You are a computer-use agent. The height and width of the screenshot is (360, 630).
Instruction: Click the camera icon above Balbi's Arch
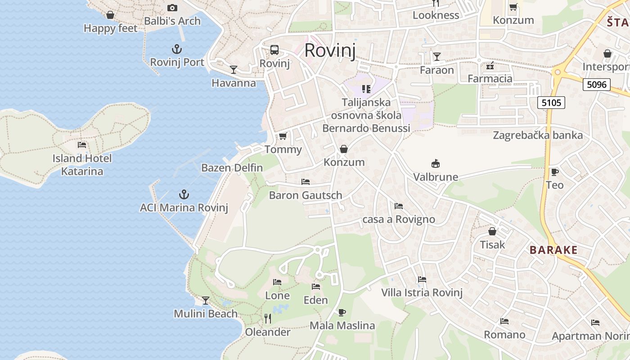click(x=172, y=8)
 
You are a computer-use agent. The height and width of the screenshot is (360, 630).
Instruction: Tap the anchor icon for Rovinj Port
click(x=177, y=49)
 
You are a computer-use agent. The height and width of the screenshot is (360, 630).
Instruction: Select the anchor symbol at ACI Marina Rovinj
click(x=184, y=194)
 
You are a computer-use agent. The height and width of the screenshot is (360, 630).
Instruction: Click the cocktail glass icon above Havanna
click(x=233, y=69)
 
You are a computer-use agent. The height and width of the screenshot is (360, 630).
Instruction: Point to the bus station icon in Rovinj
click(x=274, y=49)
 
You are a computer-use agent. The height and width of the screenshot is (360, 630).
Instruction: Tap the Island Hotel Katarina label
click(x=82, y=165)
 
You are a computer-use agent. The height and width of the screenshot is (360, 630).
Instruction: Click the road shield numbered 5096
click(x=597, y=84)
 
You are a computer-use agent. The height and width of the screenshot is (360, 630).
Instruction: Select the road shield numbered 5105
click(x=551, y=103)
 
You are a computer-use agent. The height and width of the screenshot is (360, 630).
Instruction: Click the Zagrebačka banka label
click(x=538, y=135)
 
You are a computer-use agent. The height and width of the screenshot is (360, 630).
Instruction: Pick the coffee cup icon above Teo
click(x=554, y=172)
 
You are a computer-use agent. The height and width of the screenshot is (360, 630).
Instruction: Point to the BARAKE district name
click(x=553, y=250)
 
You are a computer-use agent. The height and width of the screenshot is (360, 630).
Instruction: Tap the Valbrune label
click(x=436, y=177)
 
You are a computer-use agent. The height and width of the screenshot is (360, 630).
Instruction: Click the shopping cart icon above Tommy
click(x=283, y=136)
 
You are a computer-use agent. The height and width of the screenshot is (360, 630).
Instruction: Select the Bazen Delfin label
click(x=232, y=168)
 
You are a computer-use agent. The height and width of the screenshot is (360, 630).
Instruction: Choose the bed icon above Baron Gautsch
click(x=306, y=182)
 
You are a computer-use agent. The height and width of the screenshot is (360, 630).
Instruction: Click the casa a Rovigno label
click(x=399, y=219)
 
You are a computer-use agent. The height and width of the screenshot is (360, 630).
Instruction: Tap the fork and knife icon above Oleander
click(x=268, y=319)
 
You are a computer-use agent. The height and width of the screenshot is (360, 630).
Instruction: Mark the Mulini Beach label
click(x=206, y=314)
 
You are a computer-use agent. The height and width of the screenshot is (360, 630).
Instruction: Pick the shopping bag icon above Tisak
click(x=492, y=231)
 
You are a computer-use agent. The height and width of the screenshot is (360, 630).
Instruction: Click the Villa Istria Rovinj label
click(x=422, y=292)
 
